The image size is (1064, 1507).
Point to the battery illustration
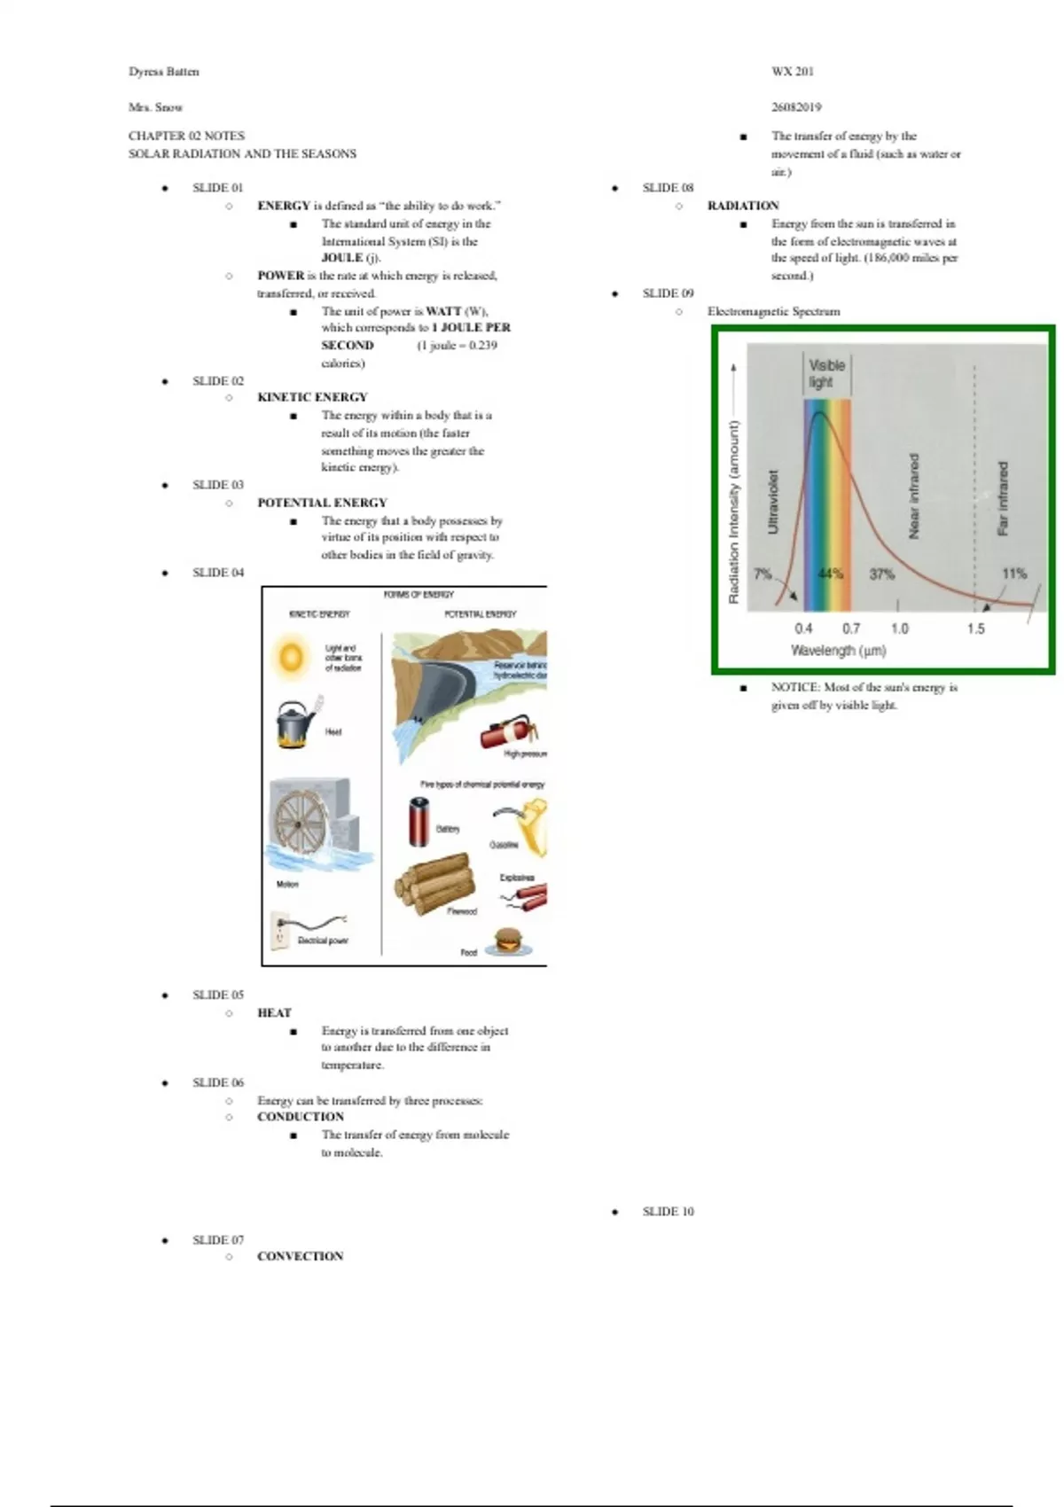(x=419, y=821)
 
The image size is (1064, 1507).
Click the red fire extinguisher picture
(x=507, y=732)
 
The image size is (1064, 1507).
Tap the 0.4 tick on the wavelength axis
(x=803, y=629)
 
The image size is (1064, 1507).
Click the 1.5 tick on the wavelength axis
(x=975, y=629)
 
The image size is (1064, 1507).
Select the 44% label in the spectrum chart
(x=830, y=574)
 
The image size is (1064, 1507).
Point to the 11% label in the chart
(x=1013, y=574)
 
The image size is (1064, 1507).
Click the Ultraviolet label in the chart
(x=772, y=502)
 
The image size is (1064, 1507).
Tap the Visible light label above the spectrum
(x=826, y=373)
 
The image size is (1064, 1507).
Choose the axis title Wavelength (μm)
(x=838, y=651)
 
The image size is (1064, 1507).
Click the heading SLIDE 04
(x=218, y=573)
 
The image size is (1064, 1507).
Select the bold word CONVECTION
(x=300, y=1256)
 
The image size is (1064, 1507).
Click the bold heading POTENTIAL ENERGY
(x=322, y=503)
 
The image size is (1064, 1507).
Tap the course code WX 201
(x=792, y=72)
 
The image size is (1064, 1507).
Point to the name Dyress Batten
(x=164, y=72)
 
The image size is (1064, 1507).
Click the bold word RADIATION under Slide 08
(x=743, y=206)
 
